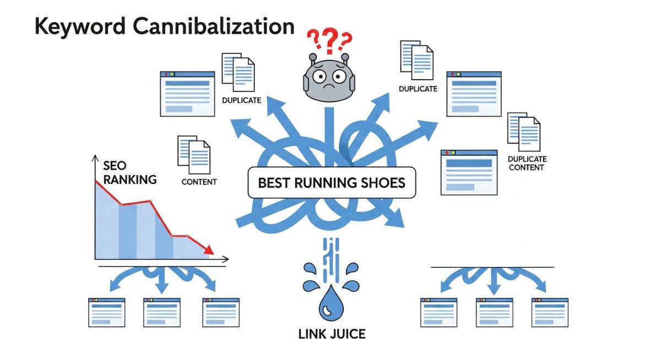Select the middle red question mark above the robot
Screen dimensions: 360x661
(329, 40)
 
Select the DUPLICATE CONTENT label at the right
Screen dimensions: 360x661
(527, 163)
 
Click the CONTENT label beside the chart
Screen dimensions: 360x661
(199, 182)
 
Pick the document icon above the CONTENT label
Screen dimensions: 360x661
(194, 151)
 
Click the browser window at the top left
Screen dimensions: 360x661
(187, 94)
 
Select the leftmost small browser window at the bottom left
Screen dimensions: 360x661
(107, 313)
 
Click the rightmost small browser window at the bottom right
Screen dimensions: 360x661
(549, 313)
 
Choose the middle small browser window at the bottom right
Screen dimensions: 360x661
(494, 313)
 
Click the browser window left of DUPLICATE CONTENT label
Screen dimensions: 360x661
(469, 172)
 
